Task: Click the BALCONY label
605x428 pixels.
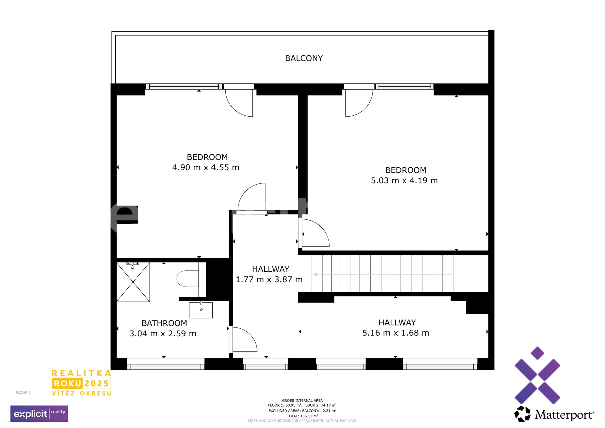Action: coord(304,58)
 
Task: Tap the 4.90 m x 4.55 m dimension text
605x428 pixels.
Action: coord(206,167)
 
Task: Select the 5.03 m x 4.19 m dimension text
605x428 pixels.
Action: coord(404,181)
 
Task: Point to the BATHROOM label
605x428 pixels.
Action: coord(164,323)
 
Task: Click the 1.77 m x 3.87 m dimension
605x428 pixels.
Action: coord(269,280)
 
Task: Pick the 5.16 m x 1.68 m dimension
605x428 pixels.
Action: coord(396,333)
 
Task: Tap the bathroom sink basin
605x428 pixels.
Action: coord(201,310)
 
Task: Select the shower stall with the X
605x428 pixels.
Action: coord(133,282)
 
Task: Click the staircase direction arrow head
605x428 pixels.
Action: coord(315,275)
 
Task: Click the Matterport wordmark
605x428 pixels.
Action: coord(564,415)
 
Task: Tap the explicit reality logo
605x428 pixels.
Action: coord(39,414)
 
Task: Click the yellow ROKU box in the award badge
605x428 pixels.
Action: coord(67,384)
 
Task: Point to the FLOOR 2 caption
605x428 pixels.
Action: coord(23,393)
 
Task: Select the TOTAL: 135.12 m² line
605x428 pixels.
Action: coord(302,416)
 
